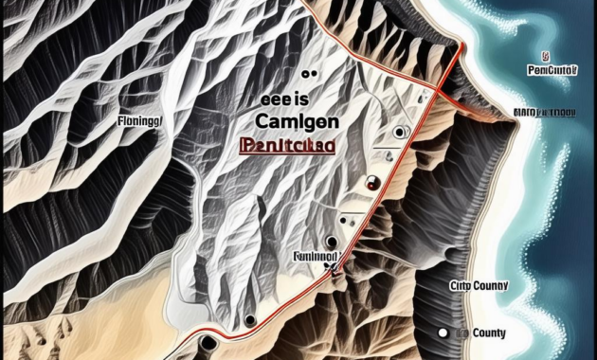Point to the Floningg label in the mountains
[139, 121]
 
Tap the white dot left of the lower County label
[442, 333]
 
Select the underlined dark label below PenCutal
[544, 112]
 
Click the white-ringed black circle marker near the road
[402, 132]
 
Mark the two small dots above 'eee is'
[306, 74]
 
